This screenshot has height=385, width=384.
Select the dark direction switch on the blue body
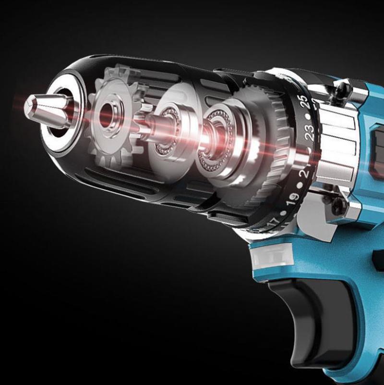[x=377, y=144]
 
